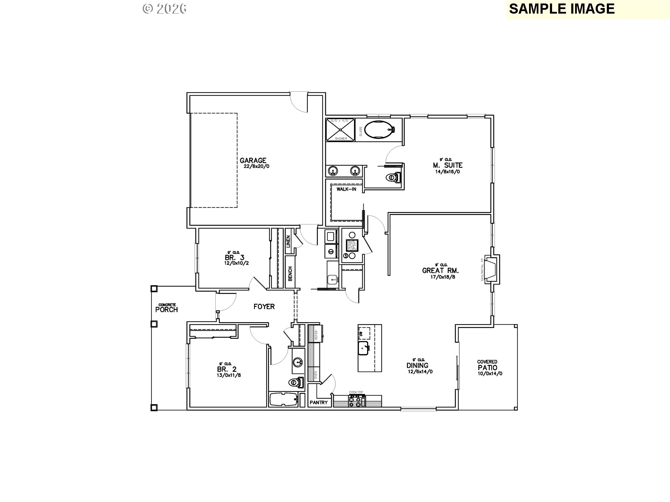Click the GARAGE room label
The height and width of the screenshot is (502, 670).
(x=253, y=161)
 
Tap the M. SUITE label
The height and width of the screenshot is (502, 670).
(x=448, y=165)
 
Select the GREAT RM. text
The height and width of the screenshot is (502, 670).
(x=440, y=271)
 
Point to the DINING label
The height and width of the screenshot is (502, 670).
(x=417, y=366)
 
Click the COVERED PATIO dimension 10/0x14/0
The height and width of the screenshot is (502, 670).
(x=490, y=374)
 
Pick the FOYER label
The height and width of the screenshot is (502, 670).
(x=264, y=307)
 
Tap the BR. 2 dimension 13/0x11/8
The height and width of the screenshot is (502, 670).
(x=229, y=375)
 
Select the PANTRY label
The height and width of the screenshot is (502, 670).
(x=319, y=403)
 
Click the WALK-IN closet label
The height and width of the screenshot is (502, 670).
(x=346, y=189)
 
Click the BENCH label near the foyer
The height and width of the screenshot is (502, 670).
(x=290, y=274)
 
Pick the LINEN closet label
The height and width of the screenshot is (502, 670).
(x=288, y=242)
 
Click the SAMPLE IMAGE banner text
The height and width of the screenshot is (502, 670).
(x=561, y=9)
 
